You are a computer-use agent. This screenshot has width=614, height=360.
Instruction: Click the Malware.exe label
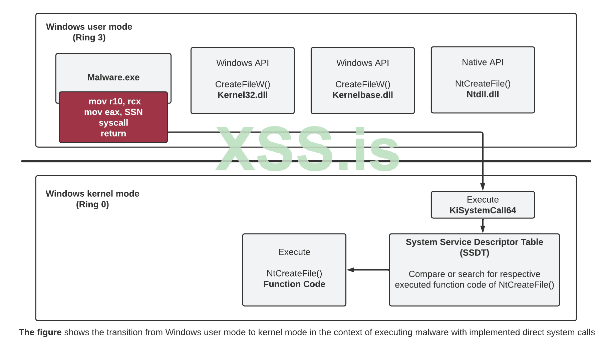coord(113,77)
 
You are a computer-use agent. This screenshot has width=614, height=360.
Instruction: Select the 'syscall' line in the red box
coord(113,123)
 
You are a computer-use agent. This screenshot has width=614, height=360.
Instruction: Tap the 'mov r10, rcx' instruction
coord(114,102)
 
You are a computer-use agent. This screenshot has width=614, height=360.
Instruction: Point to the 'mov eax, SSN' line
coord(113,112)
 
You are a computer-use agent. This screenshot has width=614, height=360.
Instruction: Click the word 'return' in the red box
coord(113,134)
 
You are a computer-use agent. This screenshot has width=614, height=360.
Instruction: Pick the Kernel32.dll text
coord(243,95)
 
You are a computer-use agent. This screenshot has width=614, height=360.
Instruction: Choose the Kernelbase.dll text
coord(363,95)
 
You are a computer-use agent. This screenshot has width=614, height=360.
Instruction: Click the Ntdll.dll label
coord(483,95)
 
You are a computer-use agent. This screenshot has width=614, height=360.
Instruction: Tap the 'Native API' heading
coord(483,62)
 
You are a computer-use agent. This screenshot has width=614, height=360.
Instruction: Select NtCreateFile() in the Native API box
coord(483,84)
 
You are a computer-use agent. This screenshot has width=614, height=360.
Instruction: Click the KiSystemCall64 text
coord(483,210)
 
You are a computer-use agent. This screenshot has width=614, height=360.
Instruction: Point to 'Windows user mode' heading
coord(89,27)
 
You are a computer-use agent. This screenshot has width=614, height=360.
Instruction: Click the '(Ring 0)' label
coord(92,204)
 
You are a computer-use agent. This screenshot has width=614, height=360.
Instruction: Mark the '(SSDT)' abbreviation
coord(474,253)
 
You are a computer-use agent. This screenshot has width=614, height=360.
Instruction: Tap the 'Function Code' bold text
coord(294,284)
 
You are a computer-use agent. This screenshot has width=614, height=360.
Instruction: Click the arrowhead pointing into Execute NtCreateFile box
coord(350,270)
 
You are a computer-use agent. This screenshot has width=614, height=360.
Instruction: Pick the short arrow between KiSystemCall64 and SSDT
coord(483,226)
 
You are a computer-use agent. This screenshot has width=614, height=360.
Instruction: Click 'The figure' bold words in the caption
coord(40,332)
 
